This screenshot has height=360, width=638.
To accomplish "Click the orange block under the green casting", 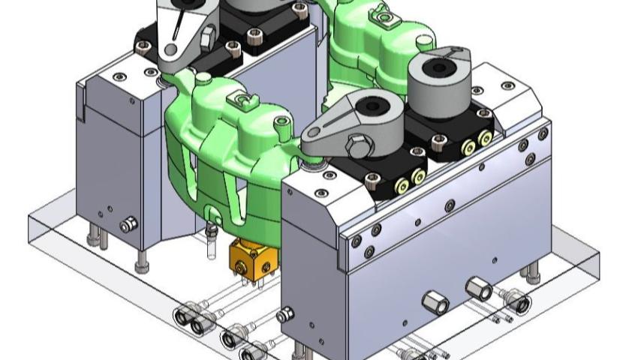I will coord(249,258).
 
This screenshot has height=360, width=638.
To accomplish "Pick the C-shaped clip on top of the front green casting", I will coord(242,99).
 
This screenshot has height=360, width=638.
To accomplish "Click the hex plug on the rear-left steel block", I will coord(128,223).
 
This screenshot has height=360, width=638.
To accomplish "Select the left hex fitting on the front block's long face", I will coord(435,303).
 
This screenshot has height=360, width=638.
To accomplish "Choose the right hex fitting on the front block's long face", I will coord(477,287).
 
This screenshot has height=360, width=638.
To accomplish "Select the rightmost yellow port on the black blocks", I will coord(485,137).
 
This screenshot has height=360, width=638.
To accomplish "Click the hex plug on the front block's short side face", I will coord(286,316).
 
